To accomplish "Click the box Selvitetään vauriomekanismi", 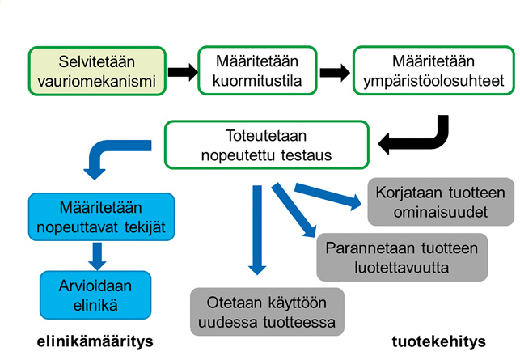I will tap(98, 70).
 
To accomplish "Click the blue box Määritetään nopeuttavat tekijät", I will tap(100, 217).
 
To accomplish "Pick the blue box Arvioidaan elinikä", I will tap(97, 295).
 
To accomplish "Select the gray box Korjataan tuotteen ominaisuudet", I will tap(441, 201).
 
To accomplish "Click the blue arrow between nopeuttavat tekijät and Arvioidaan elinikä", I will tap(98, 255).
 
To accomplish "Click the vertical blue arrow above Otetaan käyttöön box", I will tap(257, 231).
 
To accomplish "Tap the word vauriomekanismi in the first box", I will tap(97, 81).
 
